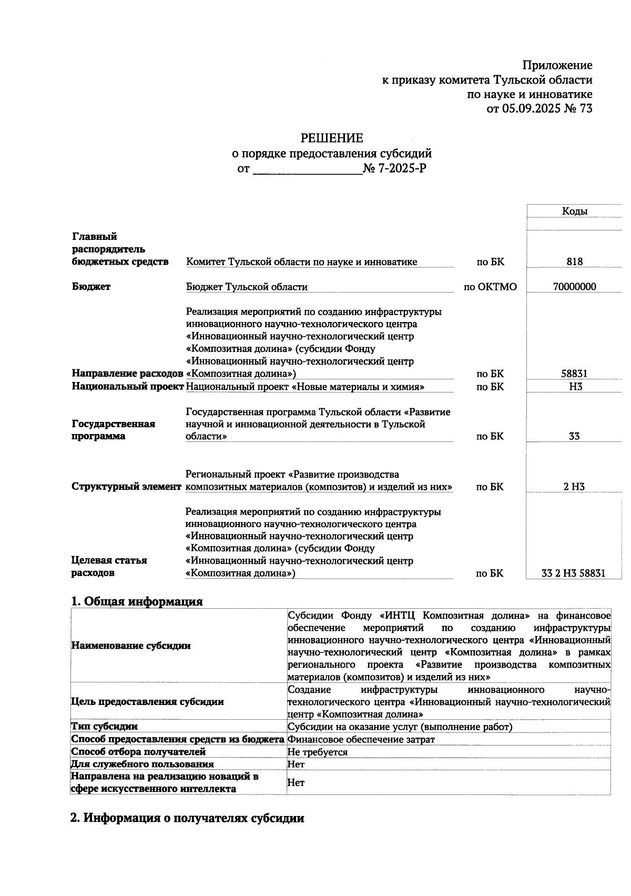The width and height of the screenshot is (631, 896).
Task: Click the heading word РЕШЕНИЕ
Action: pos(331,138)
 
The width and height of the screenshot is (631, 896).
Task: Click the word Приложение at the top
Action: pos(557,65)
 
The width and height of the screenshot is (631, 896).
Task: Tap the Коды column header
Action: pos(574,212)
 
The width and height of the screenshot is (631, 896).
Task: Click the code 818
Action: pos(574,261)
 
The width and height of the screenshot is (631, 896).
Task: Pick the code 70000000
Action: pos(574,287)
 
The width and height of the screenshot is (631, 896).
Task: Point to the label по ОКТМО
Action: pos(490,287)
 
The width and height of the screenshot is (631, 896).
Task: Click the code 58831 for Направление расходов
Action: pos(574,374)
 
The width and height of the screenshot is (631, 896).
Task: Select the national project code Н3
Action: pos(575,387)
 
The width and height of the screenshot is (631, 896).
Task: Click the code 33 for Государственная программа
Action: pos(574,436)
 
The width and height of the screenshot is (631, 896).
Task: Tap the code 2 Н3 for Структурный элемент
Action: pos(574,487)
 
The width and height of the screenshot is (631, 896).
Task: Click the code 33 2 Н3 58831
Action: pos(573,573)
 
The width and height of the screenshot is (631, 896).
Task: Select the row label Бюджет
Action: pos(91,287)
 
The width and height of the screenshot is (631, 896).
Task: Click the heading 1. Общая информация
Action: pos(137,601)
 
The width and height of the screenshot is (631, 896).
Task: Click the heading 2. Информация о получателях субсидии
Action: pos(187,818)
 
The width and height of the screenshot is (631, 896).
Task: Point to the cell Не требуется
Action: pos(317,752)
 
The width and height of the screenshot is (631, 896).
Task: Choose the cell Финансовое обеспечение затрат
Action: pos(361,739)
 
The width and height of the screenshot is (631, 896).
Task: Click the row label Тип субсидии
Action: pos(104,727)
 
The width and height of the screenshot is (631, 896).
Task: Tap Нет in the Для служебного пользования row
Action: pos(296,764)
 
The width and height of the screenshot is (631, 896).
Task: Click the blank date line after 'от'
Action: pos(308,169)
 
